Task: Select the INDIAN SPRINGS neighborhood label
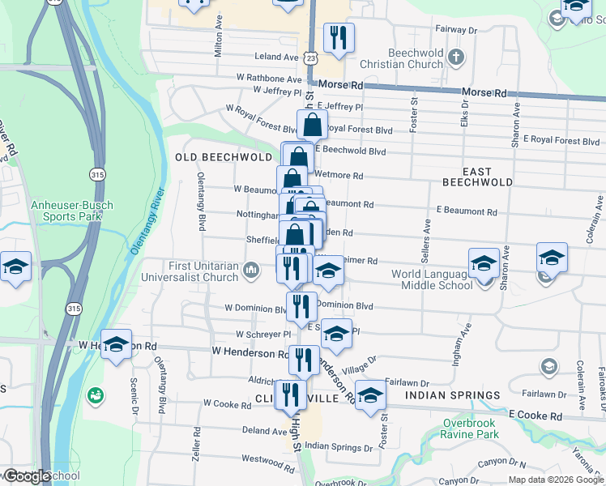tap(453, 395)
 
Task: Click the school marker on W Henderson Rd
tap(116, 344)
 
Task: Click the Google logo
tap(26, 476)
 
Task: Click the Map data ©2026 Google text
tap(555, 480)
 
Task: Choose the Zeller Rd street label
tap(196, 445)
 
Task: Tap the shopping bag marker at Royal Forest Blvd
tap(312, 125)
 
